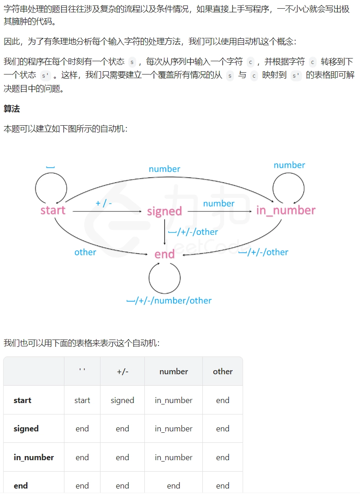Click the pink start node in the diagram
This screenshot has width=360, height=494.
click(53, 210)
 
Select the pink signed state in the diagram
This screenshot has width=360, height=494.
click(164, 211)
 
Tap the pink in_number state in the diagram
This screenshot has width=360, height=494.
click(286, 210)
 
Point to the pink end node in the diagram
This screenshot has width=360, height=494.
click(164, 254)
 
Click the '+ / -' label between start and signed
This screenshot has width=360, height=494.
click(104, 203)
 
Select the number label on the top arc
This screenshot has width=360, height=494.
click(164, 169)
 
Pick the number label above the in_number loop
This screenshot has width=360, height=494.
click(289, 165)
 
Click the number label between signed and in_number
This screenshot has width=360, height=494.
click(218, 203)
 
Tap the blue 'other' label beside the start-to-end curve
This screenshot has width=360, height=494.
click(85, 252)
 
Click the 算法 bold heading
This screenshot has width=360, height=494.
click(11, 109)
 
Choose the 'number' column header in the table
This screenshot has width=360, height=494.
click(174, 372)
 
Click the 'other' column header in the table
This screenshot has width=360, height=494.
click(223, 372)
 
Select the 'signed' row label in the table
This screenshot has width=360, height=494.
click(26, 429)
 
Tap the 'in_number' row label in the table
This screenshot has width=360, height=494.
click(34, 457)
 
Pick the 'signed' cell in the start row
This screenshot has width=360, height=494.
click(122, 400)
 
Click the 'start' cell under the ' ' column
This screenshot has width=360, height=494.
click(82, 400)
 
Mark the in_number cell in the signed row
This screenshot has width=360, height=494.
click(174, 429)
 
